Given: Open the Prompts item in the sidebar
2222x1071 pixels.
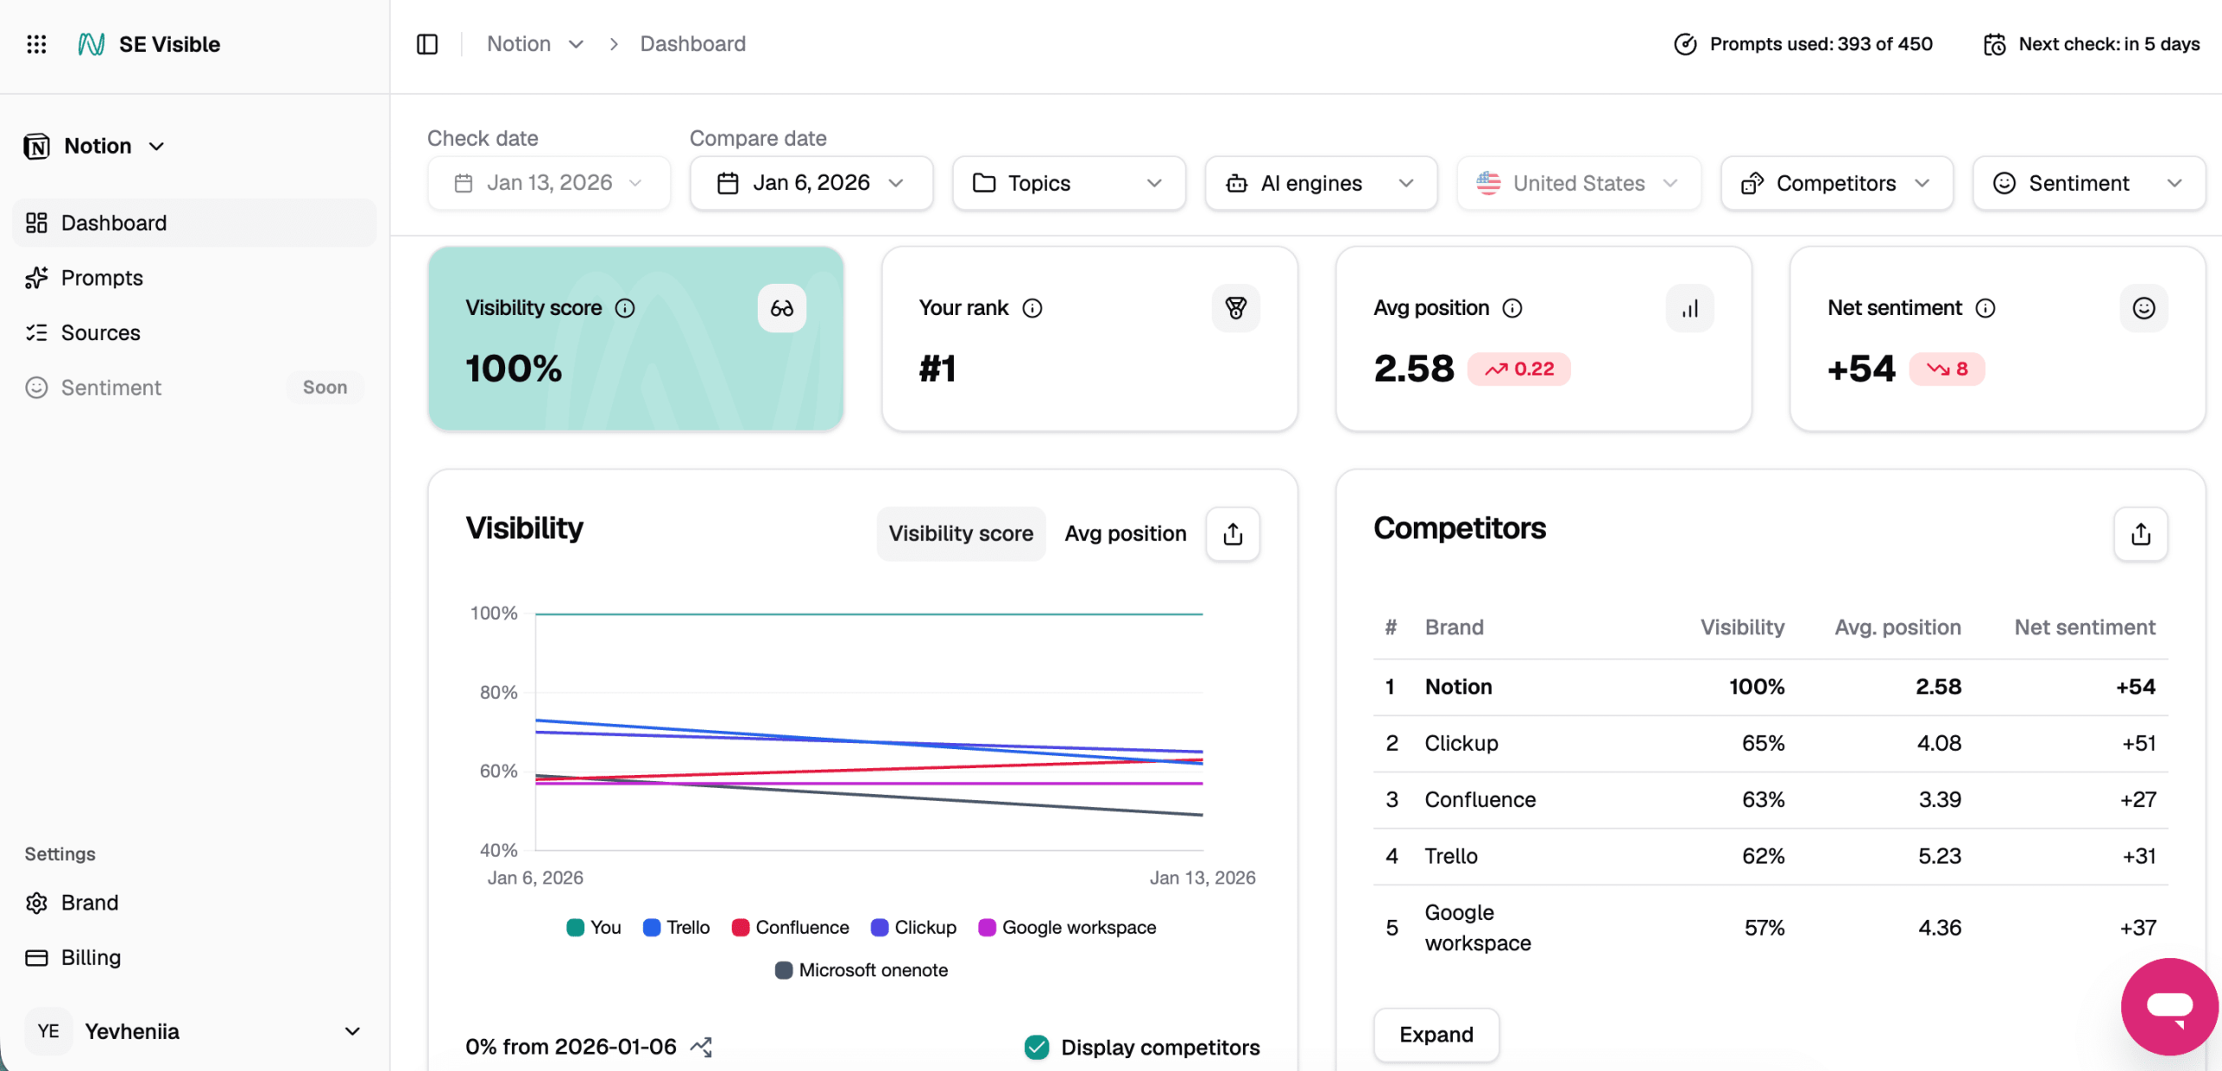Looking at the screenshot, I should pyautogui.click(x=102, y=278).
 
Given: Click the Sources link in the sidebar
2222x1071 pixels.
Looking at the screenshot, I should pyautogui.click(x=100, y=332).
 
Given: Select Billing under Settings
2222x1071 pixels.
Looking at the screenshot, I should pyautogui.click(x=90, y=957).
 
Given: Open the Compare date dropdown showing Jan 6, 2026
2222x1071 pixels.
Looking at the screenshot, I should pyautogui.click(x=811, y=183).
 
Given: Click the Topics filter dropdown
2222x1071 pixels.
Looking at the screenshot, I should pyautogui.click(x=1068, y=183).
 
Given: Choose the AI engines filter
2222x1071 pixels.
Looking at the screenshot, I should pyautogui.click(x=1320, y=183).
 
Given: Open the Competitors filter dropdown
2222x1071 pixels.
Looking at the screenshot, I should pyautogui.click(x=1836, y=183).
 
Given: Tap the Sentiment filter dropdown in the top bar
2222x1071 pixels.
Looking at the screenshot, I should pyautogui.click(x=2087, y=183).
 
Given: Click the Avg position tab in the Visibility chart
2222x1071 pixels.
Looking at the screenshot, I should pyautogui.click(x=1125, y=534).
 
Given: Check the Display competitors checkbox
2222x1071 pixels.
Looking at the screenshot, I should pyautogui.click(x=1037, y=1048).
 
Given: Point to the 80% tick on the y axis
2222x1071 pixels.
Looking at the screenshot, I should pyautogui.click(x=498, y=693).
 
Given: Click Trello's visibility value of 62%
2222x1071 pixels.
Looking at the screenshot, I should pyautogui.click(x=1763, y=856).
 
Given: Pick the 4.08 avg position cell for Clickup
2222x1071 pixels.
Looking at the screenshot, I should pyautogui.click(x=1939, y=743).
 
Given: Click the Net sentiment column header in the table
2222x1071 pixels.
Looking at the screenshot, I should pyautogui.click(x=2084, y=627).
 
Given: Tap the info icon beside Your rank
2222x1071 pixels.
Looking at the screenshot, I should pyautogui.click(x=1032, y=308).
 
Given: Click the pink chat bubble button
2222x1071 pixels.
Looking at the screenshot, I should pyautogui.click(x=2169, y=1007).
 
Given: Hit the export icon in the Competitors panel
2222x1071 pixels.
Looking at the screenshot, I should pyautogui.click(x=2140, y=534).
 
